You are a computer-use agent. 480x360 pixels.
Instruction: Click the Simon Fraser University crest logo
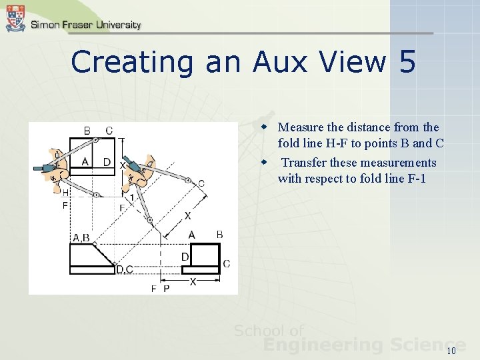tap(15, 18)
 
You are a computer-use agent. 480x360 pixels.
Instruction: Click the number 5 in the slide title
tap(407, 62)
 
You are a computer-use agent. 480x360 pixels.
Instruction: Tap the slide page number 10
tap(451, 351)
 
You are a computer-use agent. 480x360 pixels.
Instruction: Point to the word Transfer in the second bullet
tap(305, 163)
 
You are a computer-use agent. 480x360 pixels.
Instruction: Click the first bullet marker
tap(265, 127)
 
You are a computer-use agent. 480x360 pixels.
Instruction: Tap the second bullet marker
tap(265, 163)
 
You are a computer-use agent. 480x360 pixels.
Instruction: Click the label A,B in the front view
tap(81, 237)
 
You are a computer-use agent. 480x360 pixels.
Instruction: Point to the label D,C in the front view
tap(125, 269)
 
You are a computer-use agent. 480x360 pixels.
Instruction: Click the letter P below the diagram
tap(166, 289)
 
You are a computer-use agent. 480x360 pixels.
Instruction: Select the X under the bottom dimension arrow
tap(193, 282)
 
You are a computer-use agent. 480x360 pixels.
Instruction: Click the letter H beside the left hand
tap(65, 192)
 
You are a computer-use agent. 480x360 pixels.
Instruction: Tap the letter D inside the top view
tap(107, 162)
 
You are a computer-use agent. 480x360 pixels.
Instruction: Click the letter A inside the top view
tap(85, 161)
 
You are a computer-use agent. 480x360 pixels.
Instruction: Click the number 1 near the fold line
tap(132, 197)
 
